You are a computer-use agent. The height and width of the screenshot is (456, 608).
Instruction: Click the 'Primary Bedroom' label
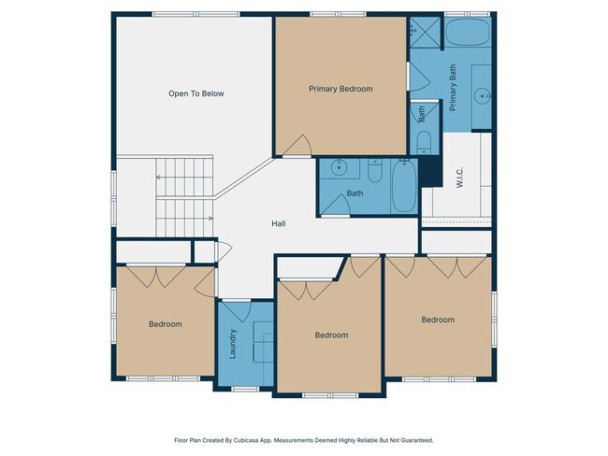[x=340, y=89]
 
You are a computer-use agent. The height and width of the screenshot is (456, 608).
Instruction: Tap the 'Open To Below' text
[x=195, y=93]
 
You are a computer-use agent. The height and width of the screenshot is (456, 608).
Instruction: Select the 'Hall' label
[x=278, y=223]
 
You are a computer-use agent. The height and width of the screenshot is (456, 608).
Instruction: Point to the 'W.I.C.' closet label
[x=460, y=178]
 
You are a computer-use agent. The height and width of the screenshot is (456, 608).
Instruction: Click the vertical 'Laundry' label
[x=233, y=343]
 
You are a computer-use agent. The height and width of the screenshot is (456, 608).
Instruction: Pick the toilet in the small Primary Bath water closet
[x=423, y=142]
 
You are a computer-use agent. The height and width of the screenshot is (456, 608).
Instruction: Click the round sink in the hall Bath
[x=339, y=169]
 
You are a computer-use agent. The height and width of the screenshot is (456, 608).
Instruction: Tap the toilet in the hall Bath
[x=374, y=171]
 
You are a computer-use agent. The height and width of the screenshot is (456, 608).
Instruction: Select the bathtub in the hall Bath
[x=405, y=184]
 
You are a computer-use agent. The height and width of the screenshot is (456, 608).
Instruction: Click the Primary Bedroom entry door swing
[x=297, y=145]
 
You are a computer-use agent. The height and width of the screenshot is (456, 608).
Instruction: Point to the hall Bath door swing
[x=335, y=207]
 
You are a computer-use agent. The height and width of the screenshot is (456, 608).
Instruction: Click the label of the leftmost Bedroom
[x=165, y=324]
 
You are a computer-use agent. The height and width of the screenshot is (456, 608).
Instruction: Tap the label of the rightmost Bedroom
[x=437, y=320]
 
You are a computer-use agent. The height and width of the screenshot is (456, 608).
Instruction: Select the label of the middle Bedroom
[x=330, y=335]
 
